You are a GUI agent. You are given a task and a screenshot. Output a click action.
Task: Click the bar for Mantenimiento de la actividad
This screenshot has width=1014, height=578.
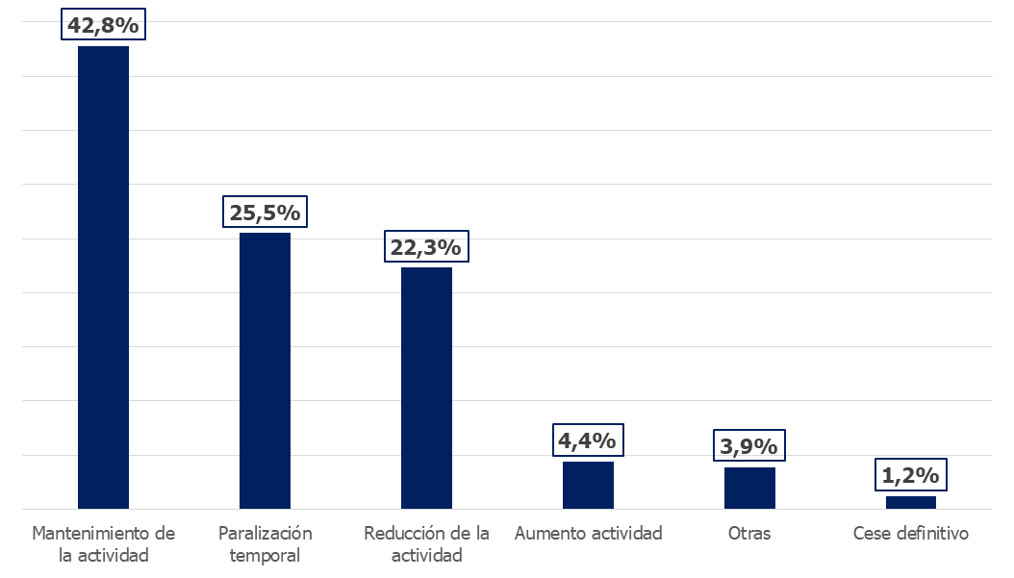104,277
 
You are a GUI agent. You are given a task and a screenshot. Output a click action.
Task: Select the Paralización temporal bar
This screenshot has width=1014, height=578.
266,370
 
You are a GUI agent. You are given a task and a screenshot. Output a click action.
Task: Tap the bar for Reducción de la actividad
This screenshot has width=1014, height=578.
427,388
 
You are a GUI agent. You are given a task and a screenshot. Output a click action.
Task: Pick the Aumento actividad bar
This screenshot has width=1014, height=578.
588,485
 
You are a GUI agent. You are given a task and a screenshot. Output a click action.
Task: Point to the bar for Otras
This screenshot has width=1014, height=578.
749,489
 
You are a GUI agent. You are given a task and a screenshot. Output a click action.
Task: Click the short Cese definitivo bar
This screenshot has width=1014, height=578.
910,502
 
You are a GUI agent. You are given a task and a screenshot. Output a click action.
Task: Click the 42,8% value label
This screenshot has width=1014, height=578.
104,25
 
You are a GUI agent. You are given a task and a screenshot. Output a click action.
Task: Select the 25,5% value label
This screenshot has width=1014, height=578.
266,213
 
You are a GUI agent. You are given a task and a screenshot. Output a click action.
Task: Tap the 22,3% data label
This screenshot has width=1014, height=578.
426,246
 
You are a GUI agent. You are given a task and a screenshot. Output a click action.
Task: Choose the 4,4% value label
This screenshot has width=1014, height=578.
588,440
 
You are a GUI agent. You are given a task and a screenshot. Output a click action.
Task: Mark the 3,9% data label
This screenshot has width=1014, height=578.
748,445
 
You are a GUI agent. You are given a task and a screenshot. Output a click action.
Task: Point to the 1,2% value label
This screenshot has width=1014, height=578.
910,475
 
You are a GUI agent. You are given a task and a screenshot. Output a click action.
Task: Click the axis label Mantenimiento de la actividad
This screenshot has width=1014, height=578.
104,543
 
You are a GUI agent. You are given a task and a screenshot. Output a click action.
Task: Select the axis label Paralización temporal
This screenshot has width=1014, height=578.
266,543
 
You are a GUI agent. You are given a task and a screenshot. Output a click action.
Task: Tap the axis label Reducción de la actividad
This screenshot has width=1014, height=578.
427,543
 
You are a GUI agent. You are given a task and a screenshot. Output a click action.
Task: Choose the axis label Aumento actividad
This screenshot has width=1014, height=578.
589,534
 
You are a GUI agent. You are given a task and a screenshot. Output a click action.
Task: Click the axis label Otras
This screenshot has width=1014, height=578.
749,534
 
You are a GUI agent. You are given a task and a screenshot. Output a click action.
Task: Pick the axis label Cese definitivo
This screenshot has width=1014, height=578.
910,534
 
